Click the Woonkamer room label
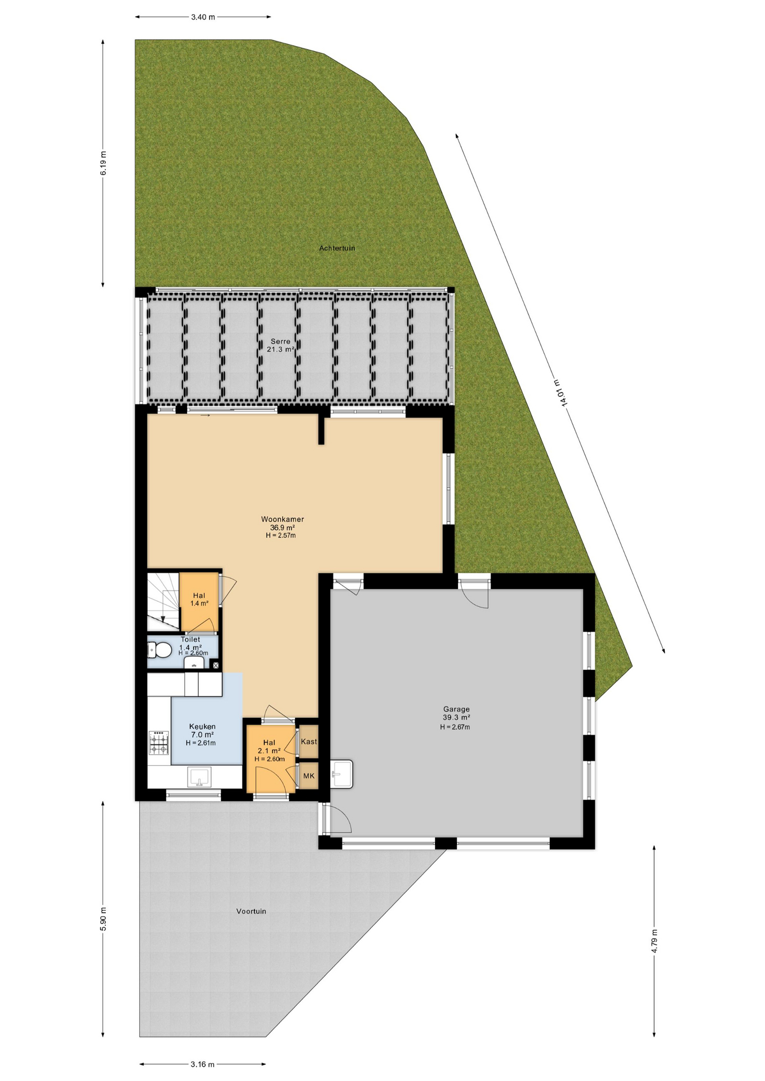click(282, 519)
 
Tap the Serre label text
click(281, 341)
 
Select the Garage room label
click(456, 709)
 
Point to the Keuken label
click(202, 726)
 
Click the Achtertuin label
click(337, 248)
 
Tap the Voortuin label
click(251, 911)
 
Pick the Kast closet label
click(309, 741)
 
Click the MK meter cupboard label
click(309, 776)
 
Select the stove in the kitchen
click(159, 742)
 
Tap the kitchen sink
click(199, 777)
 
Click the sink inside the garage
click(341, 774)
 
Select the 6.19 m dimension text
click(103, 163)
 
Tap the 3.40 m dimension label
click(203, 17)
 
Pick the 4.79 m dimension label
click(654, 941)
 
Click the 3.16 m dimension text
click(202, 1064)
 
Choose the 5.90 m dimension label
click(103, 919)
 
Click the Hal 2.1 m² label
click(269, 747)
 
